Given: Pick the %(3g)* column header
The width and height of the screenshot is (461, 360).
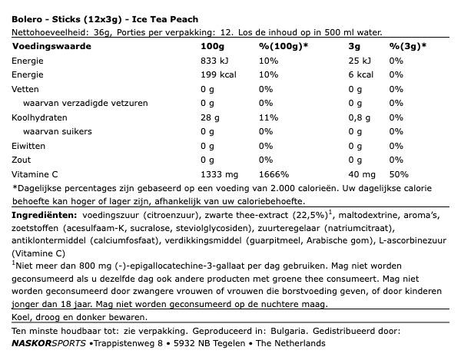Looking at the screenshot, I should (x=407, y=46).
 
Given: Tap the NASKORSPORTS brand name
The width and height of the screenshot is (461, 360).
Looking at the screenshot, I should (x=48, y=346).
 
